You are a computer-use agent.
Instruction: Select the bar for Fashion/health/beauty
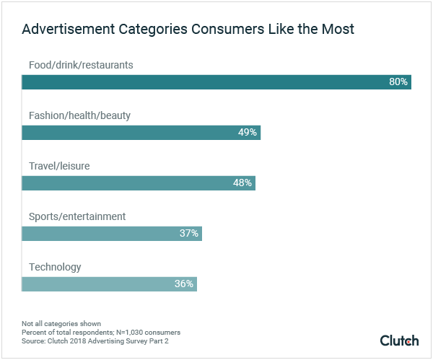pos(141,133)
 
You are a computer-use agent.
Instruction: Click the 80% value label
pos(398,82)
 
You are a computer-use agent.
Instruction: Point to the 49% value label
pos(247,133)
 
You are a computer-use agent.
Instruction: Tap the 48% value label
pos(242,183)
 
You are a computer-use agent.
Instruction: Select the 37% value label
pos(188,234)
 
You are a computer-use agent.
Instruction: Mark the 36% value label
pos(183,284)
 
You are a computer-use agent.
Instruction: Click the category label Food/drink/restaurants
pos(81,65)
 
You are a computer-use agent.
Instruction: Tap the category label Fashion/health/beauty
pos(79,115)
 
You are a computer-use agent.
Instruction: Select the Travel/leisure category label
pos(59,166)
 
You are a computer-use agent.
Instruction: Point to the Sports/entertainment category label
pos(77,216)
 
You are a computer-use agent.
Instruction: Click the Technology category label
pos(55,267)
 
